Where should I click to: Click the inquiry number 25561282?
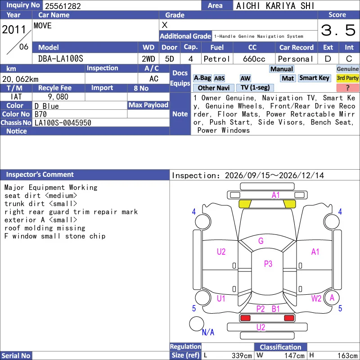(63, 6)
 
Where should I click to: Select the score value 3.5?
(338, 30)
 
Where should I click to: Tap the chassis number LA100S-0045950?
(63, 123)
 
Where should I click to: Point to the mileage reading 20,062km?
(20, 79)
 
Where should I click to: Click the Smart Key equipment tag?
(314, 78)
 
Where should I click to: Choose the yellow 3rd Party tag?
(347, 78)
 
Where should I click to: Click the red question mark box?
(347, 88)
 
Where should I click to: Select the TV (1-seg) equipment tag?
(255, 87)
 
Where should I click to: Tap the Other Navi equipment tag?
(213, 88)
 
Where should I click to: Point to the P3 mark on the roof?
(268, 264)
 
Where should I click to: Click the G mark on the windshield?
(261, 241)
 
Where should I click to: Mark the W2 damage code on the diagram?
(316, 298)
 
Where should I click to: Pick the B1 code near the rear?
(275, 309)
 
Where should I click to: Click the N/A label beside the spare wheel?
(208, 332)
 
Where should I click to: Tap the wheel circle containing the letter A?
(332, 298)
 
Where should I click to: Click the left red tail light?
(245, 318)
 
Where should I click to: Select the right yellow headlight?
(289, 204)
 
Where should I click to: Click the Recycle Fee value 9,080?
(58, 97)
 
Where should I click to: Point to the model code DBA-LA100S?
(61, 59)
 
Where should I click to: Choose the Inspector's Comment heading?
(40, 175)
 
